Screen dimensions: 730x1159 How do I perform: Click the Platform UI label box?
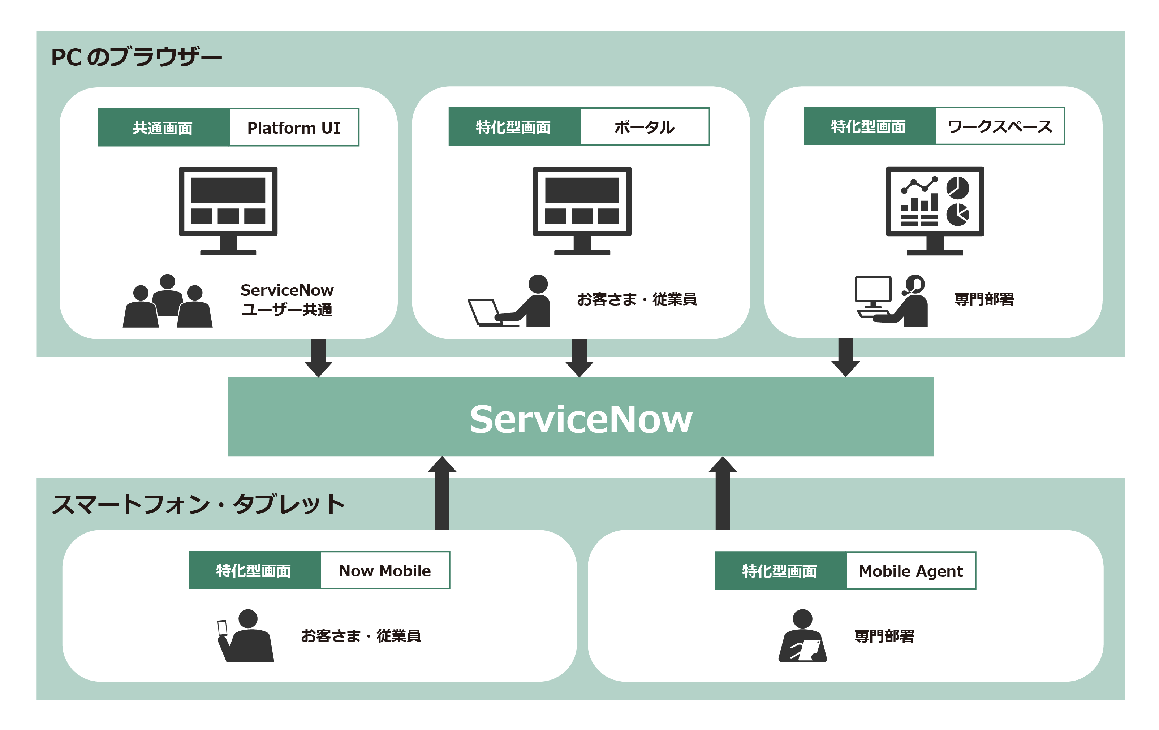(x=294, y=128)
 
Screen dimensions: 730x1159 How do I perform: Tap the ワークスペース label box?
(x=1000, y=126)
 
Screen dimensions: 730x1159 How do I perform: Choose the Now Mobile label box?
(x=384, y=571)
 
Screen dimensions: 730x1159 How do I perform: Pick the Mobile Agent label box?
(x=911, y=571)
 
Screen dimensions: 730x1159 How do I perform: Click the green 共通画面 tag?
(x=164, y=128)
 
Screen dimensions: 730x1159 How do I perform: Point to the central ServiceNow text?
(x=581, y=419)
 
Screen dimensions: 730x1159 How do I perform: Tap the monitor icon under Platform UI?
(x=228, y=210)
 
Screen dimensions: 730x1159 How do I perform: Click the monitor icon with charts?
(x=935, y=210)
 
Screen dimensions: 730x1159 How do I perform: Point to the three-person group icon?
(x=168, y=301)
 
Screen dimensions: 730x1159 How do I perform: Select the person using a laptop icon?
(x=510, y=301)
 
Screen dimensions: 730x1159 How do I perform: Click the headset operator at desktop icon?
(x=891, y=301)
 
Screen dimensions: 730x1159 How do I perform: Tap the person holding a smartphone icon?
(x=245, y=636)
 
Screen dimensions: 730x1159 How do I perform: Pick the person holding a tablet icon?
(x=802, y=636)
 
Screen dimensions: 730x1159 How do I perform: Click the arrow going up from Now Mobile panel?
(x=442, y=493)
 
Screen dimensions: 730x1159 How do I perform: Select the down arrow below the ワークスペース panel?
(x=846, y=357)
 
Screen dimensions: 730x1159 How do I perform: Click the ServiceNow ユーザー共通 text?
(x=287, y=300)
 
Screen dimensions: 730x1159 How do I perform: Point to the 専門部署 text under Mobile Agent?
(x=884, y=636)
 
